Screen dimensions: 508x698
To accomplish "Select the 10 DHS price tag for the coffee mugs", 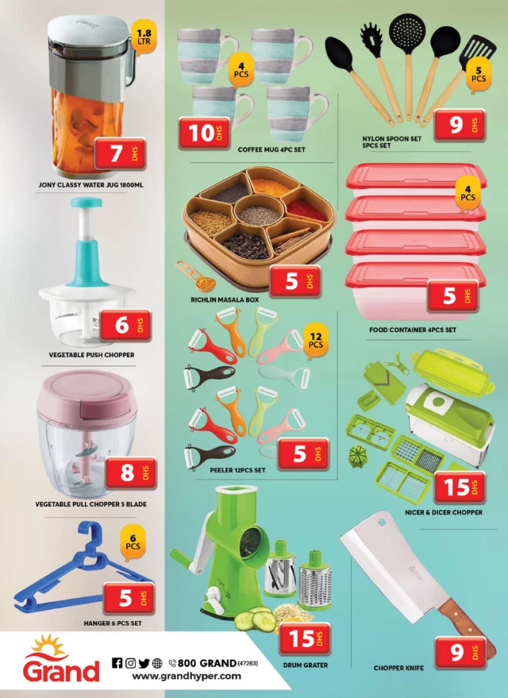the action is [205, 133].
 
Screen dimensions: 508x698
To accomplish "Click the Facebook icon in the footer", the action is [117, 663].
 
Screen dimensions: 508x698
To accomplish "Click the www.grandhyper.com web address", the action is [186, 676].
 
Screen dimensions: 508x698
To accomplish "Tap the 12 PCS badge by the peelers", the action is [315, 341].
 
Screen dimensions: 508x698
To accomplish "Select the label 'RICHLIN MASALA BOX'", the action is [225, 300].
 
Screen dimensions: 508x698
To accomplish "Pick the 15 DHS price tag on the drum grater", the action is [305, 639].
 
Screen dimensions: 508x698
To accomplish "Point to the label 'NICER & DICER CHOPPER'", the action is [443, 512].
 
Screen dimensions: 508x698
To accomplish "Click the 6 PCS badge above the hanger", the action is [132, 542].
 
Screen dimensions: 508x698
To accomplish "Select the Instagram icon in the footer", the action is [130, 663].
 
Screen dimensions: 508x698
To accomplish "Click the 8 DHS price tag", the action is [131, 473].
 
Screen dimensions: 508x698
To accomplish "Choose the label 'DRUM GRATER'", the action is [305, 665].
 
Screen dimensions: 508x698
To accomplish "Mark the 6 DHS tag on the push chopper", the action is [125, 325].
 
